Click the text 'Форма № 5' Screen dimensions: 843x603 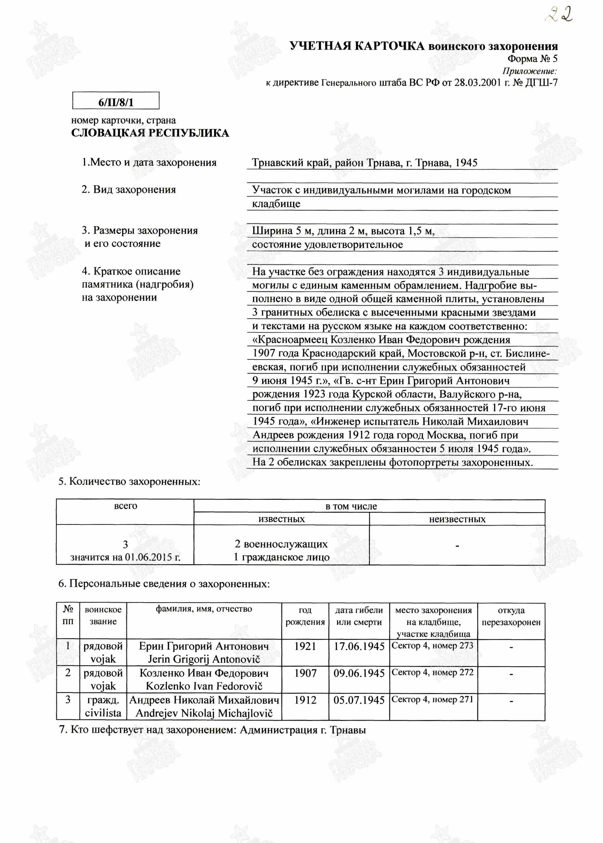(532, 59)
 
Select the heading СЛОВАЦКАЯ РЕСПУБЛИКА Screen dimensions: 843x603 (150, 133)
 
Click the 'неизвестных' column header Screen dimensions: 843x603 (457, 519)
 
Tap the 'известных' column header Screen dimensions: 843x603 (282, 519)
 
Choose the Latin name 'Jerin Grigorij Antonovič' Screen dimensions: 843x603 (204, 660)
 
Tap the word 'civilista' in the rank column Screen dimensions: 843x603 (103, 713)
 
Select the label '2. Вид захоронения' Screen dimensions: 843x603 (128, 190)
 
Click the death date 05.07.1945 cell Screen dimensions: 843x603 (359, 700)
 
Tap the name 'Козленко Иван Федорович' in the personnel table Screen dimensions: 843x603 (204, 673)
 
